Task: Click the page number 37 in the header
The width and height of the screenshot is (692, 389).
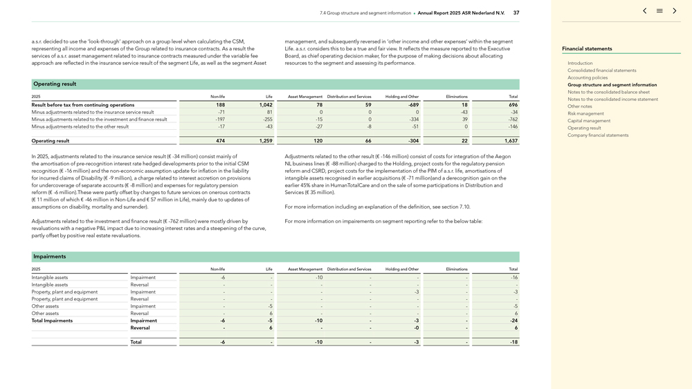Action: [x=516, y=12]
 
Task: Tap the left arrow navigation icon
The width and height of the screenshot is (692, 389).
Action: [x=644, y=11]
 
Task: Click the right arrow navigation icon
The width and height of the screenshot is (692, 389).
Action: [x=675, y=11]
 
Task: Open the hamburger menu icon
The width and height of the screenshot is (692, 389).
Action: [x=659, y=11]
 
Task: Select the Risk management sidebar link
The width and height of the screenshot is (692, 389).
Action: [x=585, y=113]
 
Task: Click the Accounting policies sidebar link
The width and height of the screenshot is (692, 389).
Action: [x=588, y=77]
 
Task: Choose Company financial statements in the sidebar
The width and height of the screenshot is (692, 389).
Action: [x=598, y=135]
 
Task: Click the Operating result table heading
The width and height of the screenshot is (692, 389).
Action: [x=55, y=84]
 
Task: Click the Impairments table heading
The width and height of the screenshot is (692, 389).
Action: [x=50, y=256]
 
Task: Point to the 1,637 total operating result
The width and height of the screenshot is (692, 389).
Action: [x=511, y=141]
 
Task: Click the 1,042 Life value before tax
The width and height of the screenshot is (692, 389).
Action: [x=266, y=105]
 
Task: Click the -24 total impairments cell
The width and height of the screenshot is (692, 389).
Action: [x=513, y=321]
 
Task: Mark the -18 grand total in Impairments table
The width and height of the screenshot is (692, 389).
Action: [x=513, y=342]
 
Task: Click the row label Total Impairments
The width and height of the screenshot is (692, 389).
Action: [x=52, y=321]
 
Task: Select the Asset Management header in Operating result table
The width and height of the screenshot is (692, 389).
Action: [x=305, y=97]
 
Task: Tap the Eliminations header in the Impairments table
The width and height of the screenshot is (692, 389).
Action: [x=457, y=269]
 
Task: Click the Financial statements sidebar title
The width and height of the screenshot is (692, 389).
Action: [x=587, y=48]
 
